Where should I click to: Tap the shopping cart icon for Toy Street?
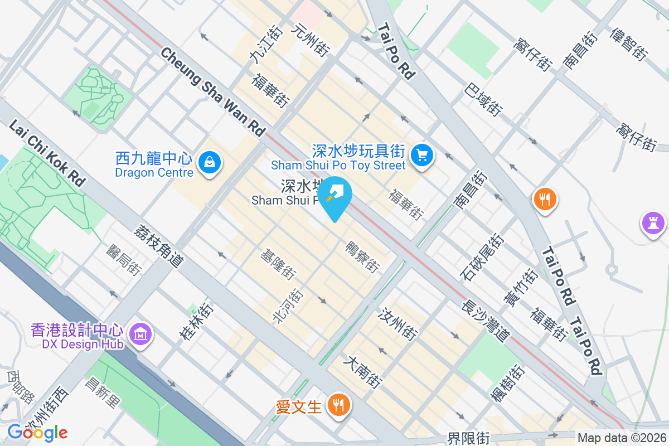(421, 154)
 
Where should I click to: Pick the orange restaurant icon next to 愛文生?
(338, 405)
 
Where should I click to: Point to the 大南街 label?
(362, 372)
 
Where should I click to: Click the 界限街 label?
(468, 439)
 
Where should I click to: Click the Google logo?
(37, 432)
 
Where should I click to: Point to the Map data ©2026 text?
(622, 438)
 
